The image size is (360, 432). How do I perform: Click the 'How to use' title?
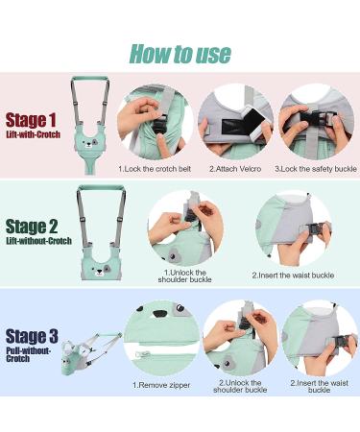180,54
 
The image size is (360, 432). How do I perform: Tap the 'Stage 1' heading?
31,120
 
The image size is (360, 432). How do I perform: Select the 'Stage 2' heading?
32,227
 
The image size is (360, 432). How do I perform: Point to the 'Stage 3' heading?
32,336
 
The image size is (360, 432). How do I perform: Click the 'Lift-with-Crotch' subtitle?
34,134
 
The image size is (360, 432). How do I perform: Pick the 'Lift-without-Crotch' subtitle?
38,241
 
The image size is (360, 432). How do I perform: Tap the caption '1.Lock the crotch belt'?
155,169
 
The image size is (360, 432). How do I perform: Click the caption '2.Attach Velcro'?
235,169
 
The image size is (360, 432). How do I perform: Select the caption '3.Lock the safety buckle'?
316,169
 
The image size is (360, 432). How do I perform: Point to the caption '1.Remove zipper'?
161,385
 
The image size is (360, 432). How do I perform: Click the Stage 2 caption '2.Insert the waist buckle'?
293,276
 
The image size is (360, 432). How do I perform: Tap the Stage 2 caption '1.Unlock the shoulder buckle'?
184,276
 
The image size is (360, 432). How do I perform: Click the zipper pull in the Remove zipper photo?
143,354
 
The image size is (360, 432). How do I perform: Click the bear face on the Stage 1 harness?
90,143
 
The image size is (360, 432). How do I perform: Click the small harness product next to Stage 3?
90,353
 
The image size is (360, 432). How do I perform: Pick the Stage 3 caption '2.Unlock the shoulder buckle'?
240,386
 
